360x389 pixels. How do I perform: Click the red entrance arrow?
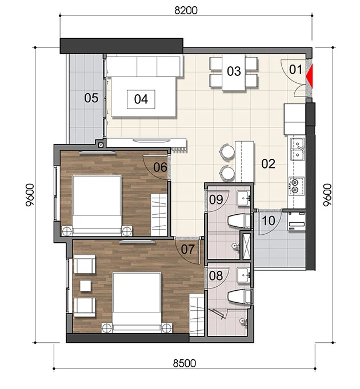coord(310,76)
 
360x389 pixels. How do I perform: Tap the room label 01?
coord(295,70)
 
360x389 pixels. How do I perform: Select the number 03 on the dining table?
coord(234,71)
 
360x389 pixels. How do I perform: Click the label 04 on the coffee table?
coord(141,99)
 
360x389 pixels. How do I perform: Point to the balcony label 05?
coord(91,98)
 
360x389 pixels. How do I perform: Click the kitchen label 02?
coord(268,164)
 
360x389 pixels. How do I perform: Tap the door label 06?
coord(160,167)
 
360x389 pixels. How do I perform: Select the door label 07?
coord(187,249)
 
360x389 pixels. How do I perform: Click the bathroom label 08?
coord(216,276)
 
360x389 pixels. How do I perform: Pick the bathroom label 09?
coord(216,200)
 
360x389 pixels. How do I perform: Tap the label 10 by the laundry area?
coord(269,220)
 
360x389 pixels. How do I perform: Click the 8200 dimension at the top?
coord(186,10)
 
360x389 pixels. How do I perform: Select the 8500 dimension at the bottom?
coord(185,363)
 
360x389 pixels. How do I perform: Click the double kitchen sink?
coord(297,149)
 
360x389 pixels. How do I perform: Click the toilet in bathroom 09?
coord(239,221)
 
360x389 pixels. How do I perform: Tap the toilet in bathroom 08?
coord(239,296)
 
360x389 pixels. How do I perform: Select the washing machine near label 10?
coord(297,222)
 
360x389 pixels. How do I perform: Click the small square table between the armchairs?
coord(85,286)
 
